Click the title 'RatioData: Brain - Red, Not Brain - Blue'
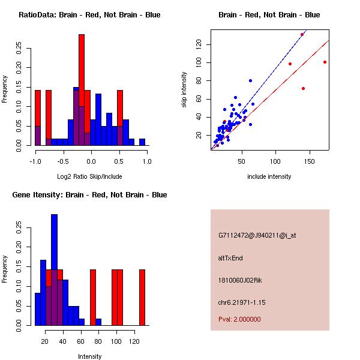point(89,15)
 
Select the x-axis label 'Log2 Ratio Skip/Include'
point(89,176)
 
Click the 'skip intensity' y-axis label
point(184,90)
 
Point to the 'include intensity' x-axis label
point(269,176)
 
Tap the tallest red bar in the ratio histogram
point(82,90)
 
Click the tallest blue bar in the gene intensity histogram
point(55,270)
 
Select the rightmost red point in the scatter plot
point(325,62)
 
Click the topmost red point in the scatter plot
point(302,34)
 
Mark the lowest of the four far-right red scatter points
point(303,88)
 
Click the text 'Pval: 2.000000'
point(239,319)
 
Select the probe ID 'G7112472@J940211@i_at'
point(257,235)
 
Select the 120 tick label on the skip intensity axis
point(197,44)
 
